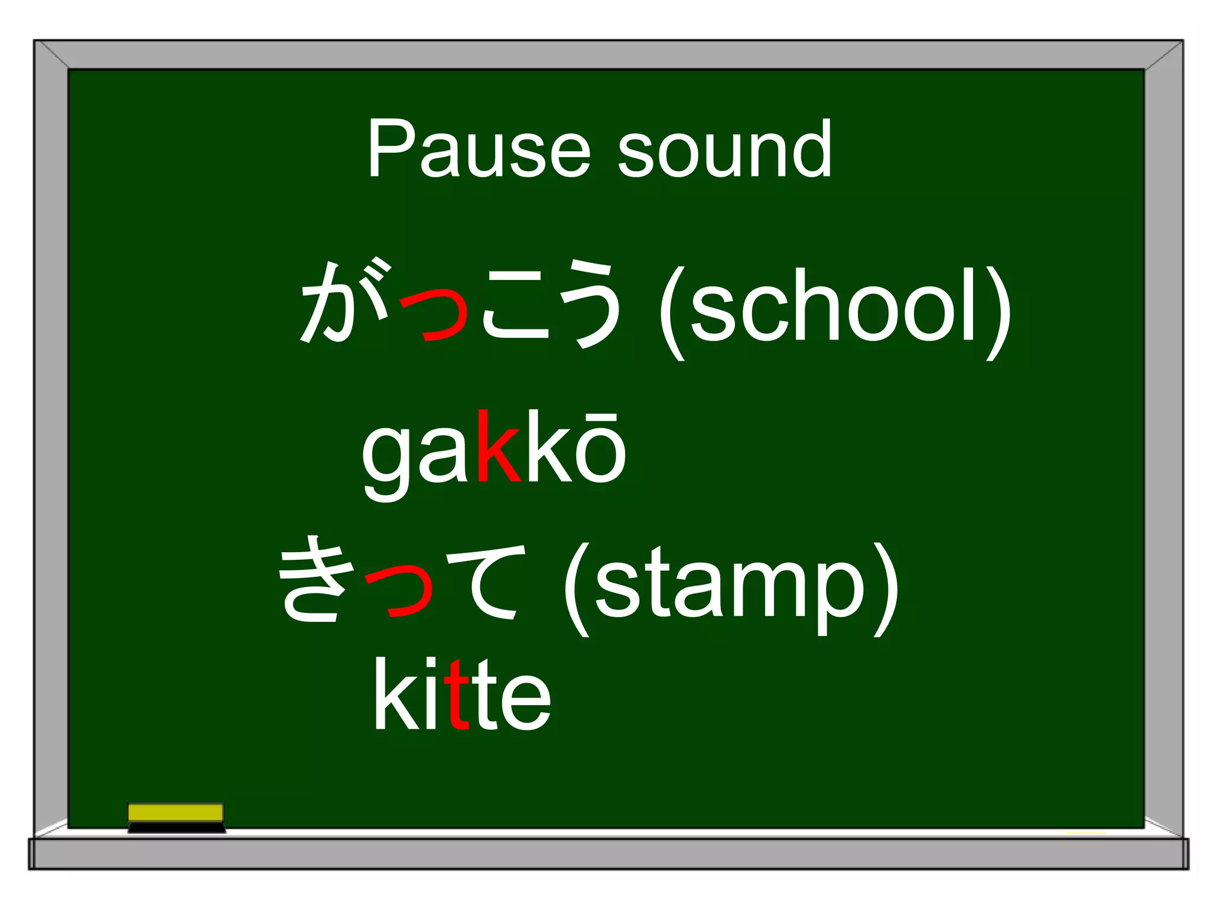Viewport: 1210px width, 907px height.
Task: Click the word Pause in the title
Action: pos(479,149)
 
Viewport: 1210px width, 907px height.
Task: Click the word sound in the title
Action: pos(724,149)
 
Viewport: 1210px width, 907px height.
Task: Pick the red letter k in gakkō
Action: pos(498,448)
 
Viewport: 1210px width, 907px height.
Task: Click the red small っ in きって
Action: pos(401,590)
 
